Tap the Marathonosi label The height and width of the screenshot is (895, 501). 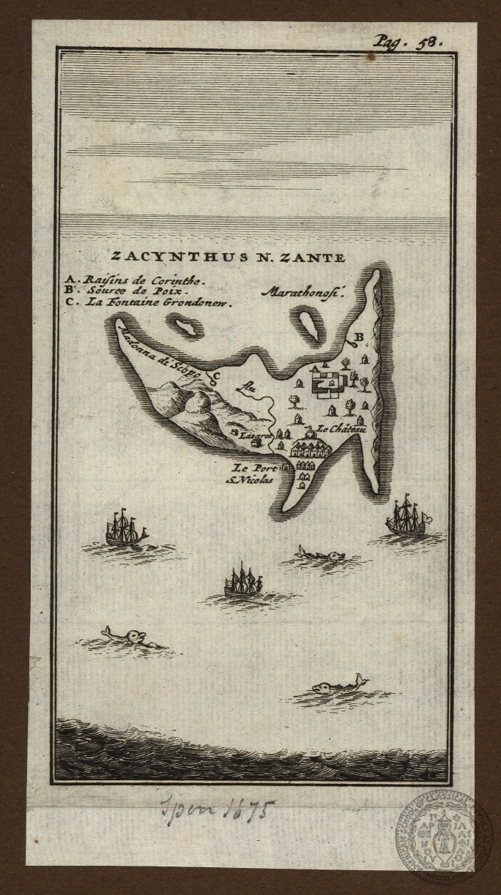click(302, 292)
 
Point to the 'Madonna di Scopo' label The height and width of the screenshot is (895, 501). click(166, 352)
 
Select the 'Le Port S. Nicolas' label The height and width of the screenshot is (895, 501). click(252, 473)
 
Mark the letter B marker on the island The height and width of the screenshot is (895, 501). click(358, 337)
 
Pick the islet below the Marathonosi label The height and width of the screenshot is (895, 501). click(311, 323)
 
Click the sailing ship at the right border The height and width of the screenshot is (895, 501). click(407, 519)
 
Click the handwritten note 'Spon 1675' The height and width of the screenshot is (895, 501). click(217, 810)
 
